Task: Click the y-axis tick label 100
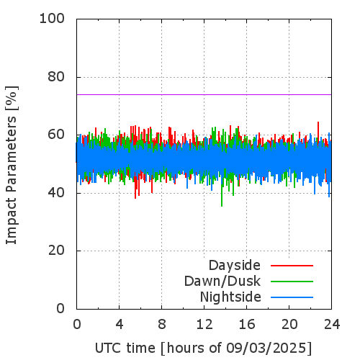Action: (x=52, y=19)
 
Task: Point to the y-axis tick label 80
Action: (x=56, y=77)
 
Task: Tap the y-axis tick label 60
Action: (x=56, y=135)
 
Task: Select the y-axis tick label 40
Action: (x=56, y=193)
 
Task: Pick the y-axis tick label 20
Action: (x=56, y=251)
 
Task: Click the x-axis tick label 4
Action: (x=120, y=325)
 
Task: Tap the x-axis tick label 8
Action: (x=162, y=325)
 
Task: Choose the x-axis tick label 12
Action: (x=204, y=325)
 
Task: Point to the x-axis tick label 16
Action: (x=247, y=325)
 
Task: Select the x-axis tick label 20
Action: (x=289, y=325)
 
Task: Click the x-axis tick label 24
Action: (x=332, y=325)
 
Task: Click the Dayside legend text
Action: (x=235, y=266)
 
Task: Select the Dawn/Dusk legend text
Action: (x=222, y=282)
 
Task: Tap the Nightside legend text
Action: (x=230, y=297)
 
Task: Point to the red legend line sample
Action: (x=292, y=266)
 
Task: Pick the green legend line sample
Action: (x=292, y=282)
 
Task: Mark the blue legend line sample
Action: (x=292, y=297)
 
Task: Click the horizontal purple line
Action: (x=204, y=94)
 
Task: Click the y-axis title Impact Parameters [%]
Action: (x=12, y=165)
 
